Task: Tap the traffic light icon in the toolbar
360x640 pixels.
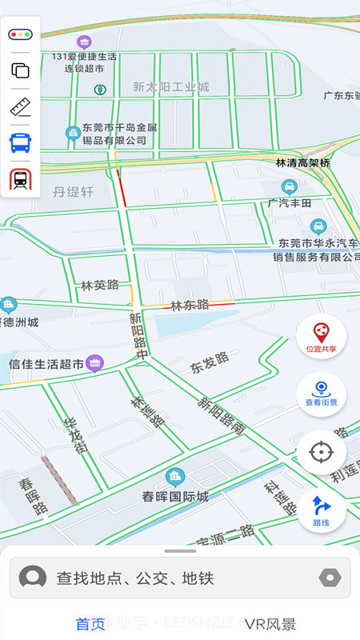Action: pos(20,34)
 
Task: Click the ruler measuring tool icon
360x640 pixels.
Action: pos(20,107)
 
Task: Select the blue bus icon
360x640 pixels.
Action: pos(20,143)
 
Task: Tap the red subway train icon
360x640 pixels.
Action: pos(20,179)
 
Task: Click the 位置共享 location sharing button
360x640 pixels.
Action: pos(321,336)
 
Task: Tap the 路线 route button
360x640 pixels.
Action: pos(321,510)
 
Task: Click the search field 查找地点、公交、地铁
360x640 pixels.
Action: pos(180,578)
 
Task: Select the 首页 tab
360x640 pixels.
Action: pos(90,624)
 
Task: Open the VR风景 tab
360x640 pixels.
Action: pos(270,624)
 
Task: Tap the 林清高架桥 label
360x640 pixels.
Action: pos(302,162)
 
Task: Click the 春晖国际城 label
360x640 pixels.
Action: pos(175,496)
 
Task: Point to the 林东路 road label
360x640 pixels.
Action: pos(190,304)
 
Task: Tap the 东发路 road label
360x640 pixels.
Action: pos(210,363)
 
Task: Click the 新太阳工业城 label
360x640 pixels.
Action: pos(170,86)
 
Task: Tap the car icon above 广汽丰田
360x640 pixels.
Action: pos(290,187)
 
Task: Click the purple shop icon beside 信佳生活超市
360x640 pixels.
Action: pos(95,364)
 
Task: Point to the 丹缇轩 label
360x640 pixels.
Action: pos(74,192)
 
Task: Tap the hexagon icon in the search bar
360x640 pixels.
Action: pos(330,578)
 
